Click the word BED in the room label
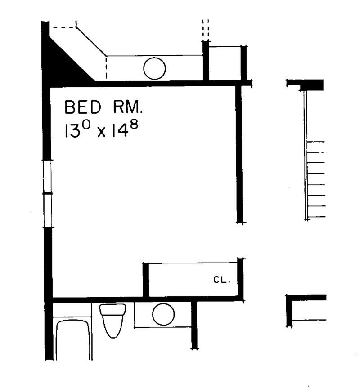[x=83, y=107]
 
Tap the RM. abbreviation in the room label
[x=128, y=107]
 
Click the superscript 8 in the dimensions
[x=134, y=125]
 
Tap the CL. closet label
[x=222, y=280]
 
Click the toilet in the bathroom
[x=113, y=321]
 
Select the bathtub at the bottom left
[x=72, y=339]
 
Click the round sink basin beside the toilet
[x=163, y=314]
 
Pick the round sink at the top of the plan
[x=154, y=68]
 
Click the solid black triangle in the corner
[x=67, y=63]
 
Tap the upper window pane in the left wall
[x=48, y=176]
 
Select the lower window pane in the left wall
[x=48, y=210]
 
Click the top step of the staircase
[x=316, y=142]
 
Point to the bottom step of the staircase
[x=316, y=217]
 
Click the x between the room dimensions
[x=101, y=133]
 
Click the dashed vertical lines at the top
[x=206, y=30]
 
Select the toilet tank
[x=113, y=309]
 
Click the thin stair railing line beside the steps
[x=306, y=155]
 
